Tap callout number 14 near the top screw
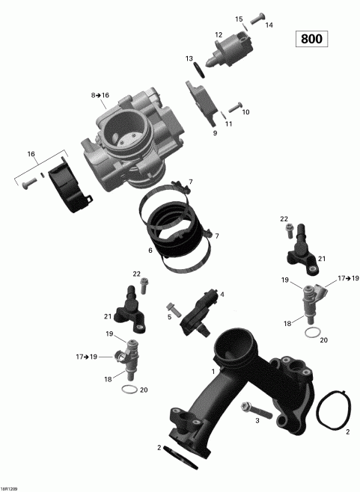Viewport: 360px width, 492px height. click(x=269, y=25)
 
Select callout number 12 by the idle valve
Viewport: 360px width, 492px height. click(x=219, y=34)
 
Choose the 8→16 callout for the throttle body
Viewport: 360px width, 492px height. click(x=100, y=96)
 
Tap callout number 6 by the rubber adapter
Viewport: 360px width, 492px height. click(x=150, y=250)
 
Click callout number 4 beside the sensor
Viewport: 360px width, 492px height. click(x=222, y=294)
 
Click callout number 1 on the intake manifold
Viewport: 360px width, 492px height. click(x=213, y=371)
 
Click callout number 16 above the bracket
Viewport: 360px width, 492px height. click(x=31, y=154)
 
